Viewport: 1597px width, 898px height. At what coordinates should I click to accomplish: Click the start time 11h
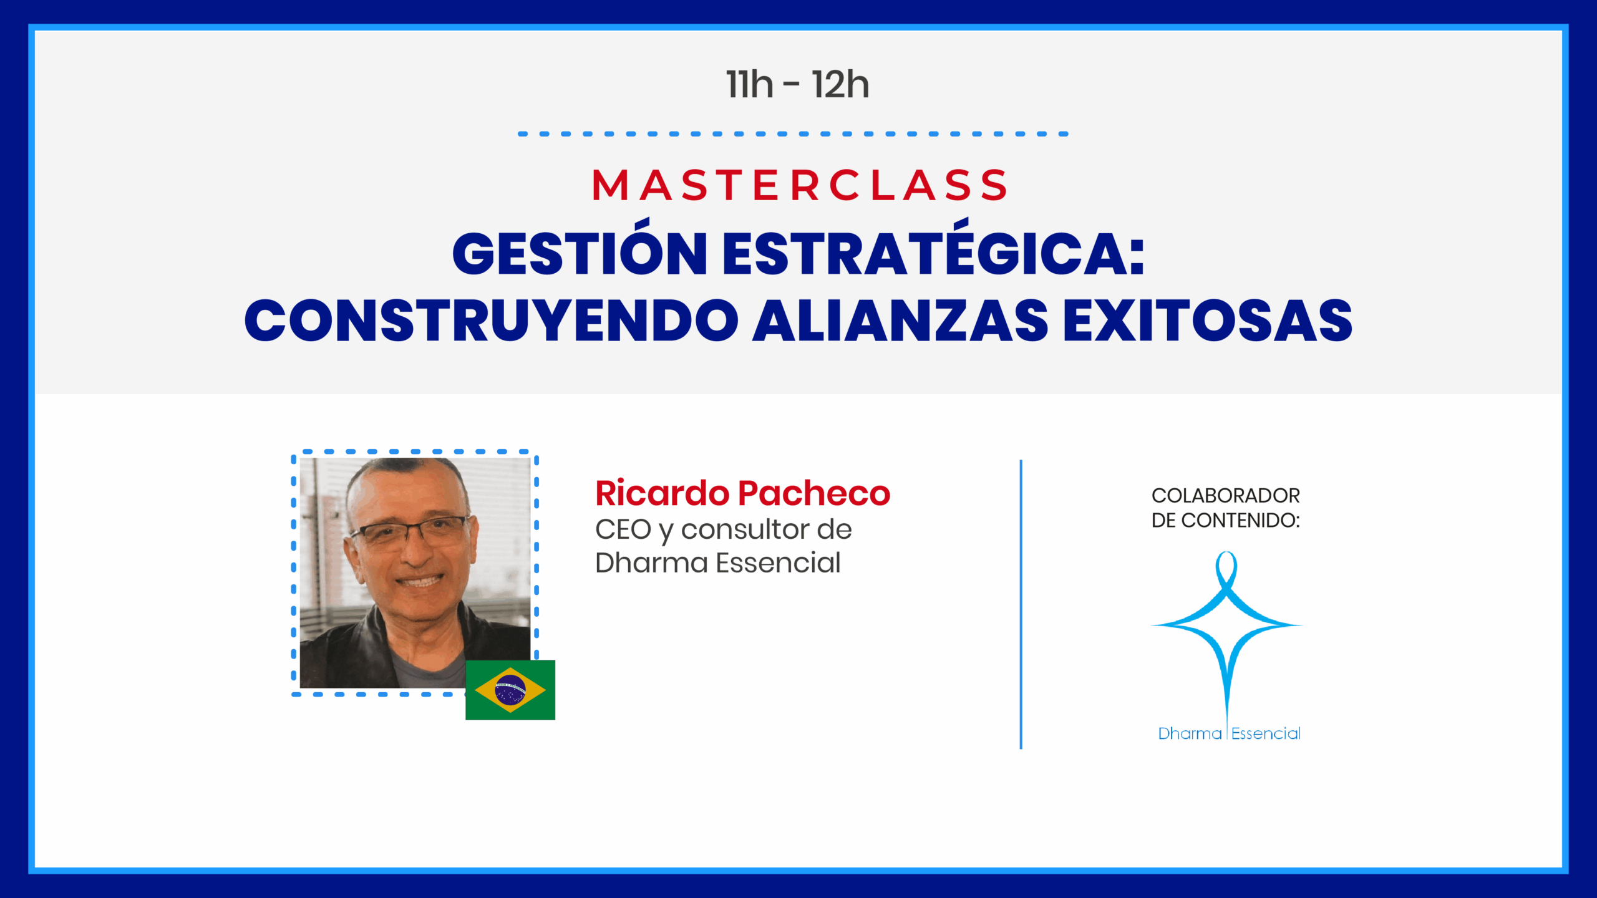click(749, 85)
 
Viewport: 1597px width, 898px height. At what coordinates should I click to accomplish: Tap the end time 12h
click(840, 85)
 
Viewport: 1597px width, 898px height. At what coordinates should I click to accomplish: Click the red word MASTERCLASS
click(799, 185)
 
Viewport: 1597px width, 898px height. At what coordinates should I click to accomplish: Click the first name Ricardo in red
click(662, 493)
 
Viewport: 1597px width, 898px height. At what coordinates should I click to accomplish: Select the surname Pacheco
click(814, 493)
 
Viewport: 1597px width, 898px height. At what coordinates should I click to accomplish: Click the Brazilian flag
click(510, 690)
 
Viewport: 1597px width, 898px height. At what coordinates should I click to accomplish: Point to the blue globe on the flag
click(510, 690)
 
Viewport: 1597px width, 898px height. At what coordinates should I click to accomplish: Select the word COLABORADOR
click(1225, 496)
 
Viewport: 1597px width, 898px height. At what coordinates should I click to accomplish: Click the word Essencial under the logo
click(1266, 733)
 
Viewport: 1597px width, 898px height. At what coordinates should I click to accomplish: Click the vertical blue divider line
click(1021, 604)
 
